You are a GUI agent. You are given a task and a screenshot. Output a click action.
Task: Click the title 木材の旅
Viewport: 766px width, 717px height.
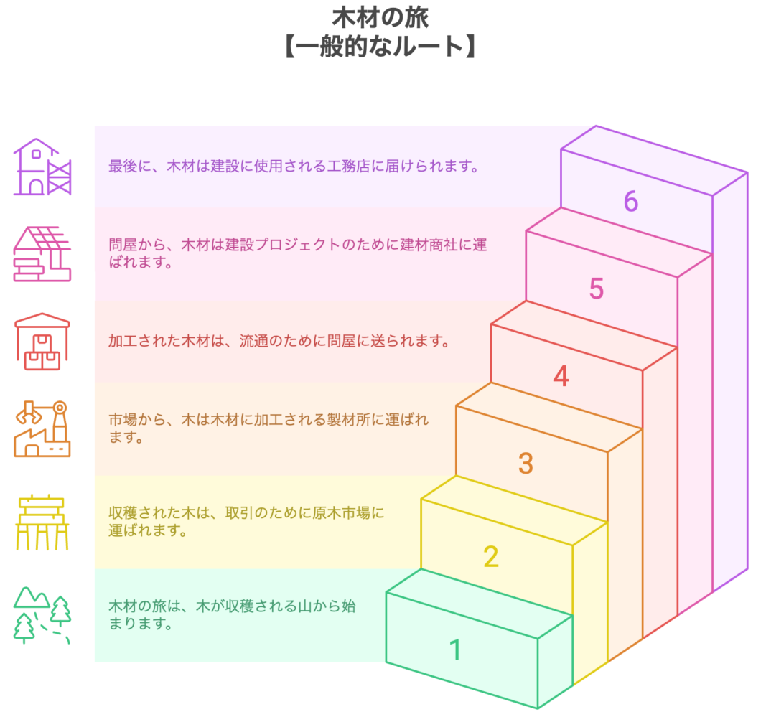(380, 18)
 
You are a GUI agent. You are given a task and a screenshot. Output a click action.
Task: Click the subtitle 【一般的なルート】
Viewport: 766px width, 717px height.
(380, 47)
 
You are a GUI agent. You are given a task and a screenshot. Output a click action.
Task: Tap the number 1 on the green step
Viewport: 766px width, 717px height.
(455, 650)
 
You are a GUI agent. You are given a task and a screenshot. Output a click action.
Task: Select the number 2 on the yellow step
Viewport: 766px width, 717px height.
(491, 556)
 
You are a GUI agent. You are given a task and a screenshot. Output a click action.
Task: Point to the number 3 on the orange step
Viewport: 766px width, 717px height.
(526, 463)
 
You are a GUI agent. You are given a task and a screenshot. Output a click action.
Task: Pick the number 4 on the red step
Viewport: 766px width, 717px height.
(561, 376)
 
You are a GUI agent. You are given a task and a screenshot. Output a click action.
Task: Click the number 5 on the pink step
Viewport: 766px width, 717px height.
(596, 289)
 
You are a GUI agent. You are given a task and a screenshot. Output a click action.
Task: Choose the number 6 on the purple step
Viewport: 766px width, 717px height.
(631, 201)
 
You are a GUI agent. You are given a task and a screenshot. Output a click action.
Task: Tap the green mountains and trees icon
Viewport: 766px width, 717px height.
(42, 615)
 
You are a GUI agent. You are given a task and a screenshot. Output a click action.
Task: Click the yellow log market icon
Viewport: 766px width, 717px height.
(42, 522)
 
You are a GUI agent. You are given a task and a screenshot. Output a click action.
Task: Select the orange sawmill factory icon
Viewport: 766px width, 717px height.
(42, 428)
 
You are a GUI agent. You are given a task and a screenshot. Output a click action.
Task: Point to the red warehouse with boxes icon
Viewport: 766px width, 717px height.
(42, 342)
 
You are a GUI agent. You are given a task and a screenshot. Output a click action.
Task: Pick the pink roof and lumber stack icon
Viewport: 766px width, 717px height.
(42, 253)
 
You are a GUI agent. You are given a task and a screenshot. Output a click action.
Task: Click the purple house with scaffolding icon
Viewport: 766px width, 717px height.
(42, 167)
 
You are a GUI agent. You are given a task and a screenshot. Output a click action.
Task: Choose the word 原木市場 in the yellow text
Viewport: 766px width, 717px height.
(341, 513)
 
